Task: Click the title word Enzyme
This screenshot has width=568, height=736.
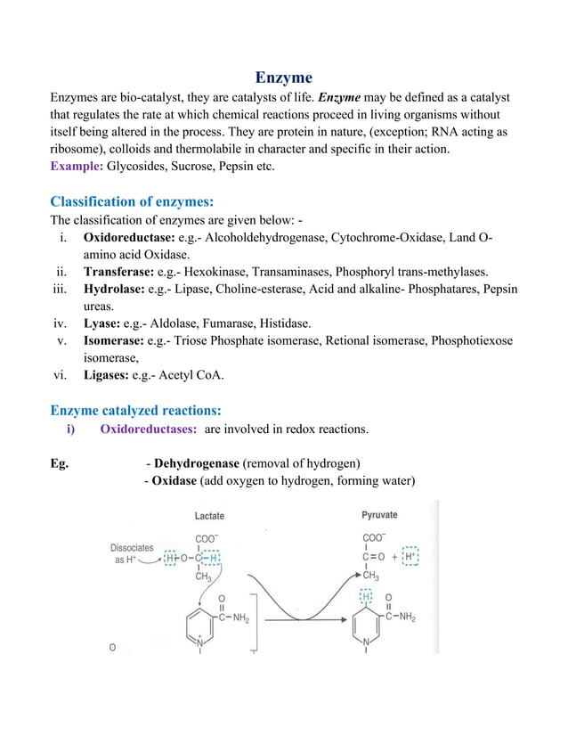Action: [x=284, y=78]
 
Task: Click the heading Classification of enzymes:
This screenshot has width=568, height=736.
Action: [x=132, y=200]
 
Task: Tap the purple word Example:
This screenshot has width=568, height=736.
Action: [x=77, y=167]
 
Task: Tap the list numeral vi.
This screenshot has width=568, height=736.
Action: [x=61, y=375]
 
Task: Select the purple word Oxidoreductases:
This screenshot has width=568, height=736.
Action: [x=149, y=429]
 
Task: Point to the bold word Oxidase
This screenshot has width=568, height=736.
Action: [x=174, y=481]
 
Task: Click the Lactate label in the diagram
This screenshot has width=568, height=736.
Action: [x=209, y=516]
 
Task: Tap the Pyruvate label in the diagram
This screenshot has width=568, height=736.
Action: [x=379, y=515]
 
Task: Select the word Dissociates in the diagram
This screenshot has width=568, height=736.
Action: [x=132, y=548]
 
